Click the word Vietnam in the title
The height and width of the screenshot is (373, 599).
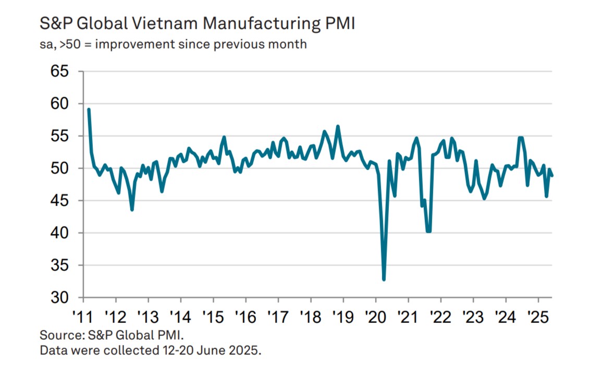point(166,24)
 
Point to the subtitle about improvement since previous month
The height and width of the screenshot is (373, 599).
point(173,44)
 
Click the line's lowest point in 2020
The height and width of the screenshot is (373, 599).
point(384,280)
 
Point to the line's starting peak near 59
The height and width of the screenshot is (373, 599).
point(89,110)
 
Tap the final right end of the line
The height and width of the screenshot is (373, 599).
point(552,176)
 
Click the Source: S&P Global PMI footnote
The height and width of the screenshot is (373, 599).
point(112,334)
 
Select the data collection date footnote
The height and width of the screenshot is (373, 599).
point(150,350)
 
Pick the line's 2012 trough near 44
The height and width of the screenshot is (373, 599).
point(132,210)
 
